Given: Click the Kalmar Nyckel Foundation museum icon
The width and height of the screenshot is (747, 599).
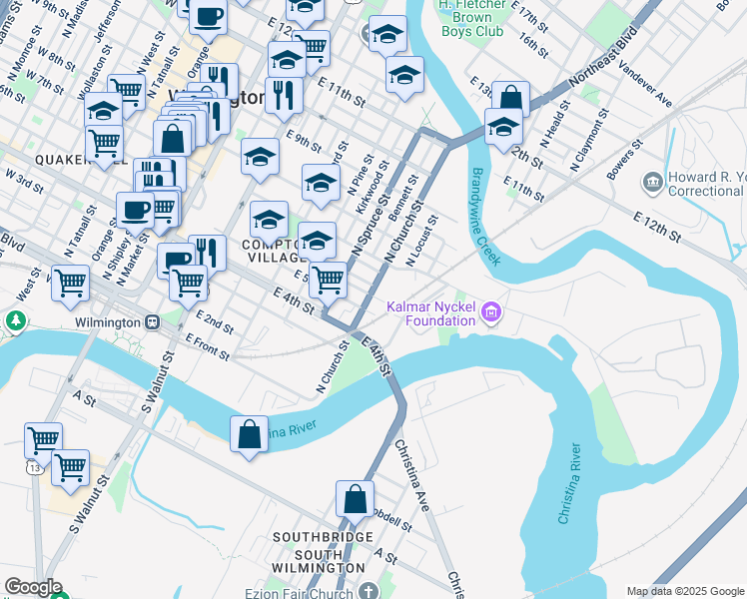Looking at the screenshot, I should point(490,313).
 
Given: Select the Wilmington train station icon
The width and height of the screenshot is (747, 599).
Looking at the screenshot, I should point(153,323).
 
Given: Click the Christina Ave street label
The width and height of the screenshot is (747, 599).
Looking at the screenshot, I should point(411,475).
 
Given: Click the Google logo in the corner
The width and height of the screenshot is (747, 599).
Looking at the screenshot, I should point(33,586).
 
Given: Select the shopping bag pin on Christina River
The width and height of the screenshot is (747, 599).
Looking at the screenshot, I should point(249,435).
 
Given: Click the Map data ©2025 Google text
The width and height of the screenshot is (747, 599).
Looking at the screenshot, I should point(684,591).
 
